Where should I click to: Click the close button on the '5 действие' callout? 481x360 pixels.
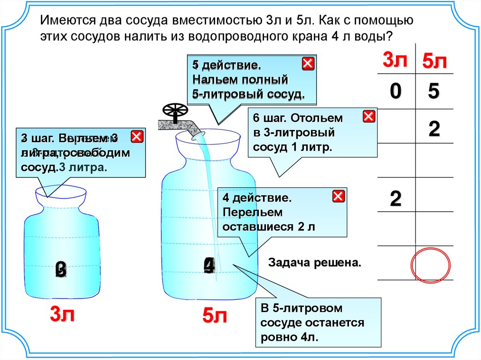(308, 64)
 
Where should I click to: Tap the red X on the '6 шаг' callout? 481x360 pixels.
(369, 116)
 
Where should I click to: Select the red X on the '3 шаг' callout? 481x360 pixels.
(137, 137)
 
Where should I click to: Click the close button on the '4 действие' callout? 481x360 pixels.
(338, 197)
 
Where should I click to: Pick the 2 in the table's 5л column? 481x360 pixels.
(434, 129)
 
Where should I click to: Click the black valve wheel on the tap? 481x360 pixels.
(175, 111)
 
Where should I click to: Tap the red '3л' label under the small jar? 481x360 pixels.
(62, 314)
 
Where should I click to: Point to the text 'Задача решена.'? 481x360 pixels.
(315, 262)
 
